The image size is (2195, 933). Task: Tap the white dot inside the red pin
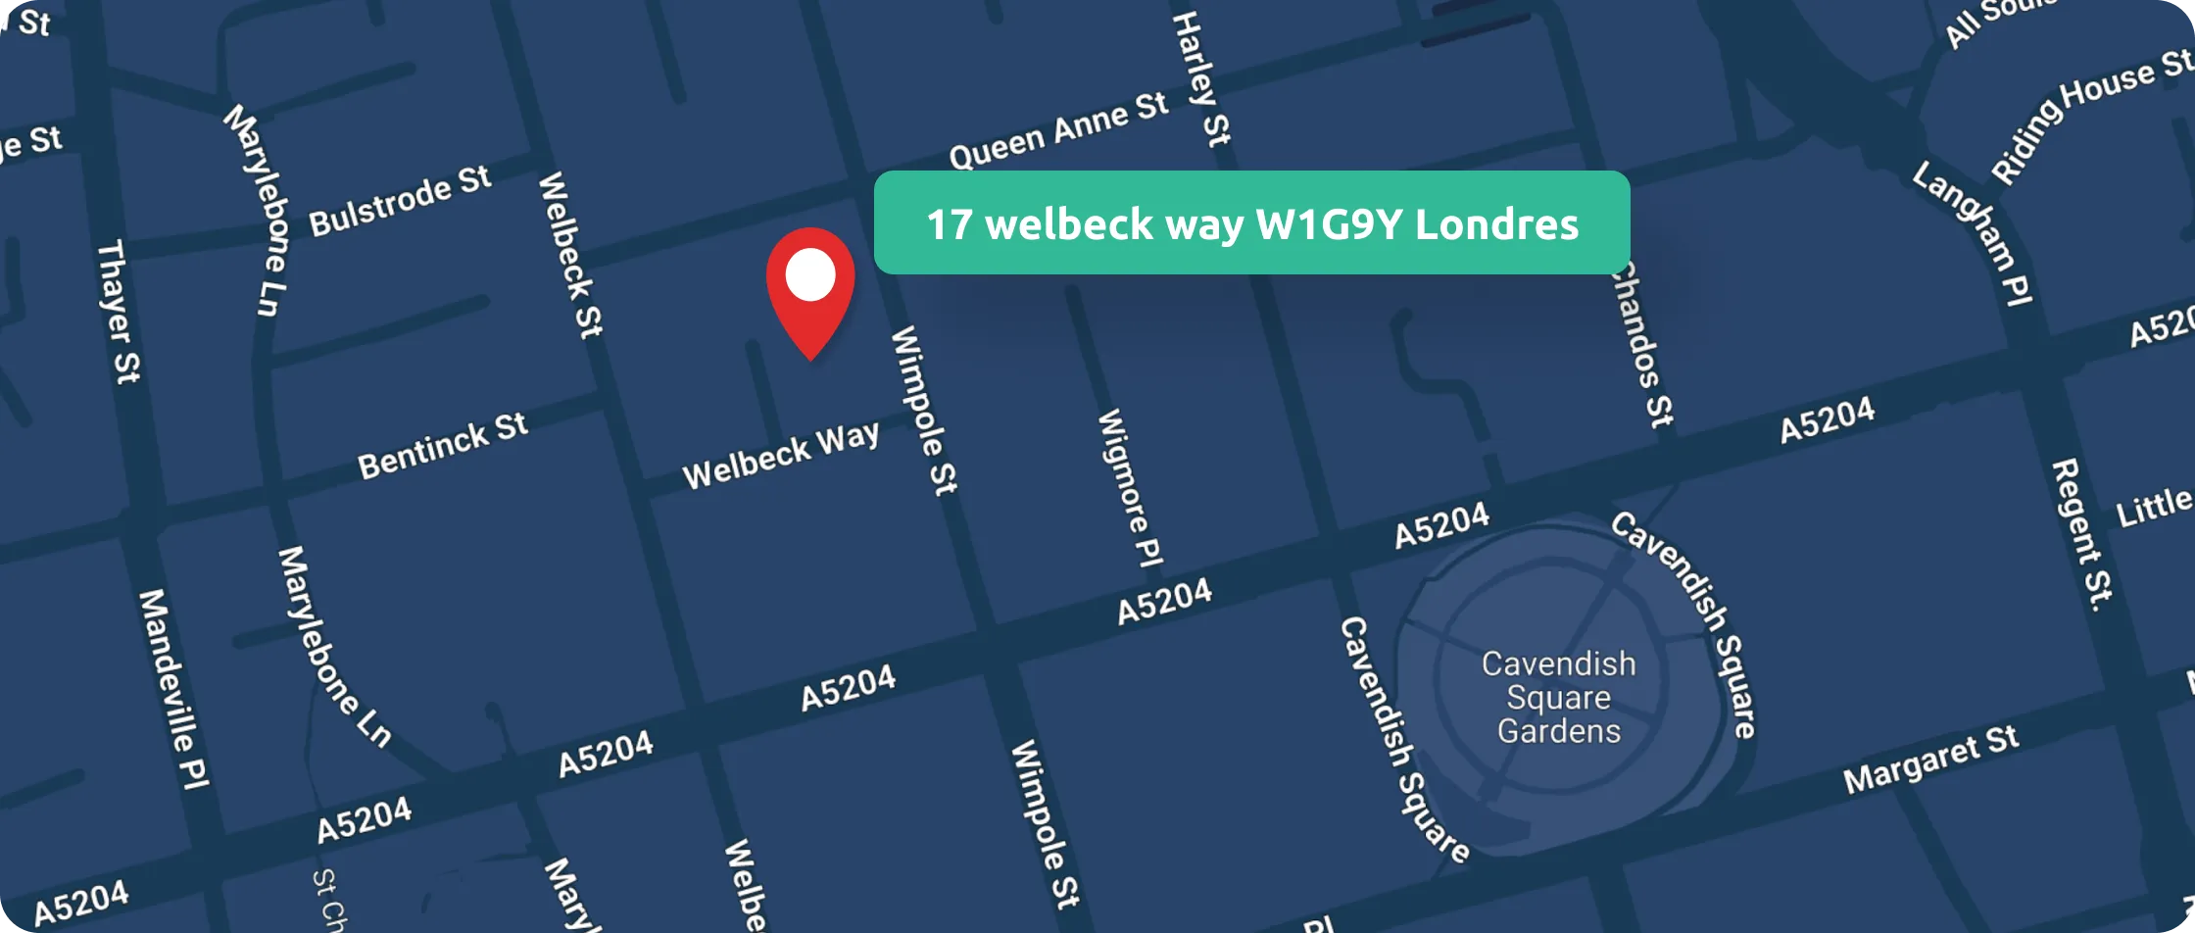810,274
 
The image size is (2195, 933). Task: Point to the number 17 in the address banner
949,224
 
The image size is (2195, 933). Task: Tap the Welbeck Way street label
781,456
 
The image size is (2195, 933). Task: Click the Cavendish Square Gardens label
1558,697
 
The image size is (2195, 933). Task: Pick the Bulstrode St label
400,202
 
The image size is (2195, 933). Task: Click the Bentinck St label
443,446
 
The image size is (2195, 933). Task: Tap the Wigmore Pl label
1129,487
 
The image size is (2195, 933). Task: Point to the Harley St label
1201,78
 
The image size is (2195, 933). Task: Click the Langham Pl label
1974,233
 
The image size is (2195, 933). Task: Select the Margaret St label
1930,760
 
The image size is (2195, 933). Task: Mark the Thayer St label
119,311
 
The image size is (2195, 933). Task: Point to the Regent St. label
2081,535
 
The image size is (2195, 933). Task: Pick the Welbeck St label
569,255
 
